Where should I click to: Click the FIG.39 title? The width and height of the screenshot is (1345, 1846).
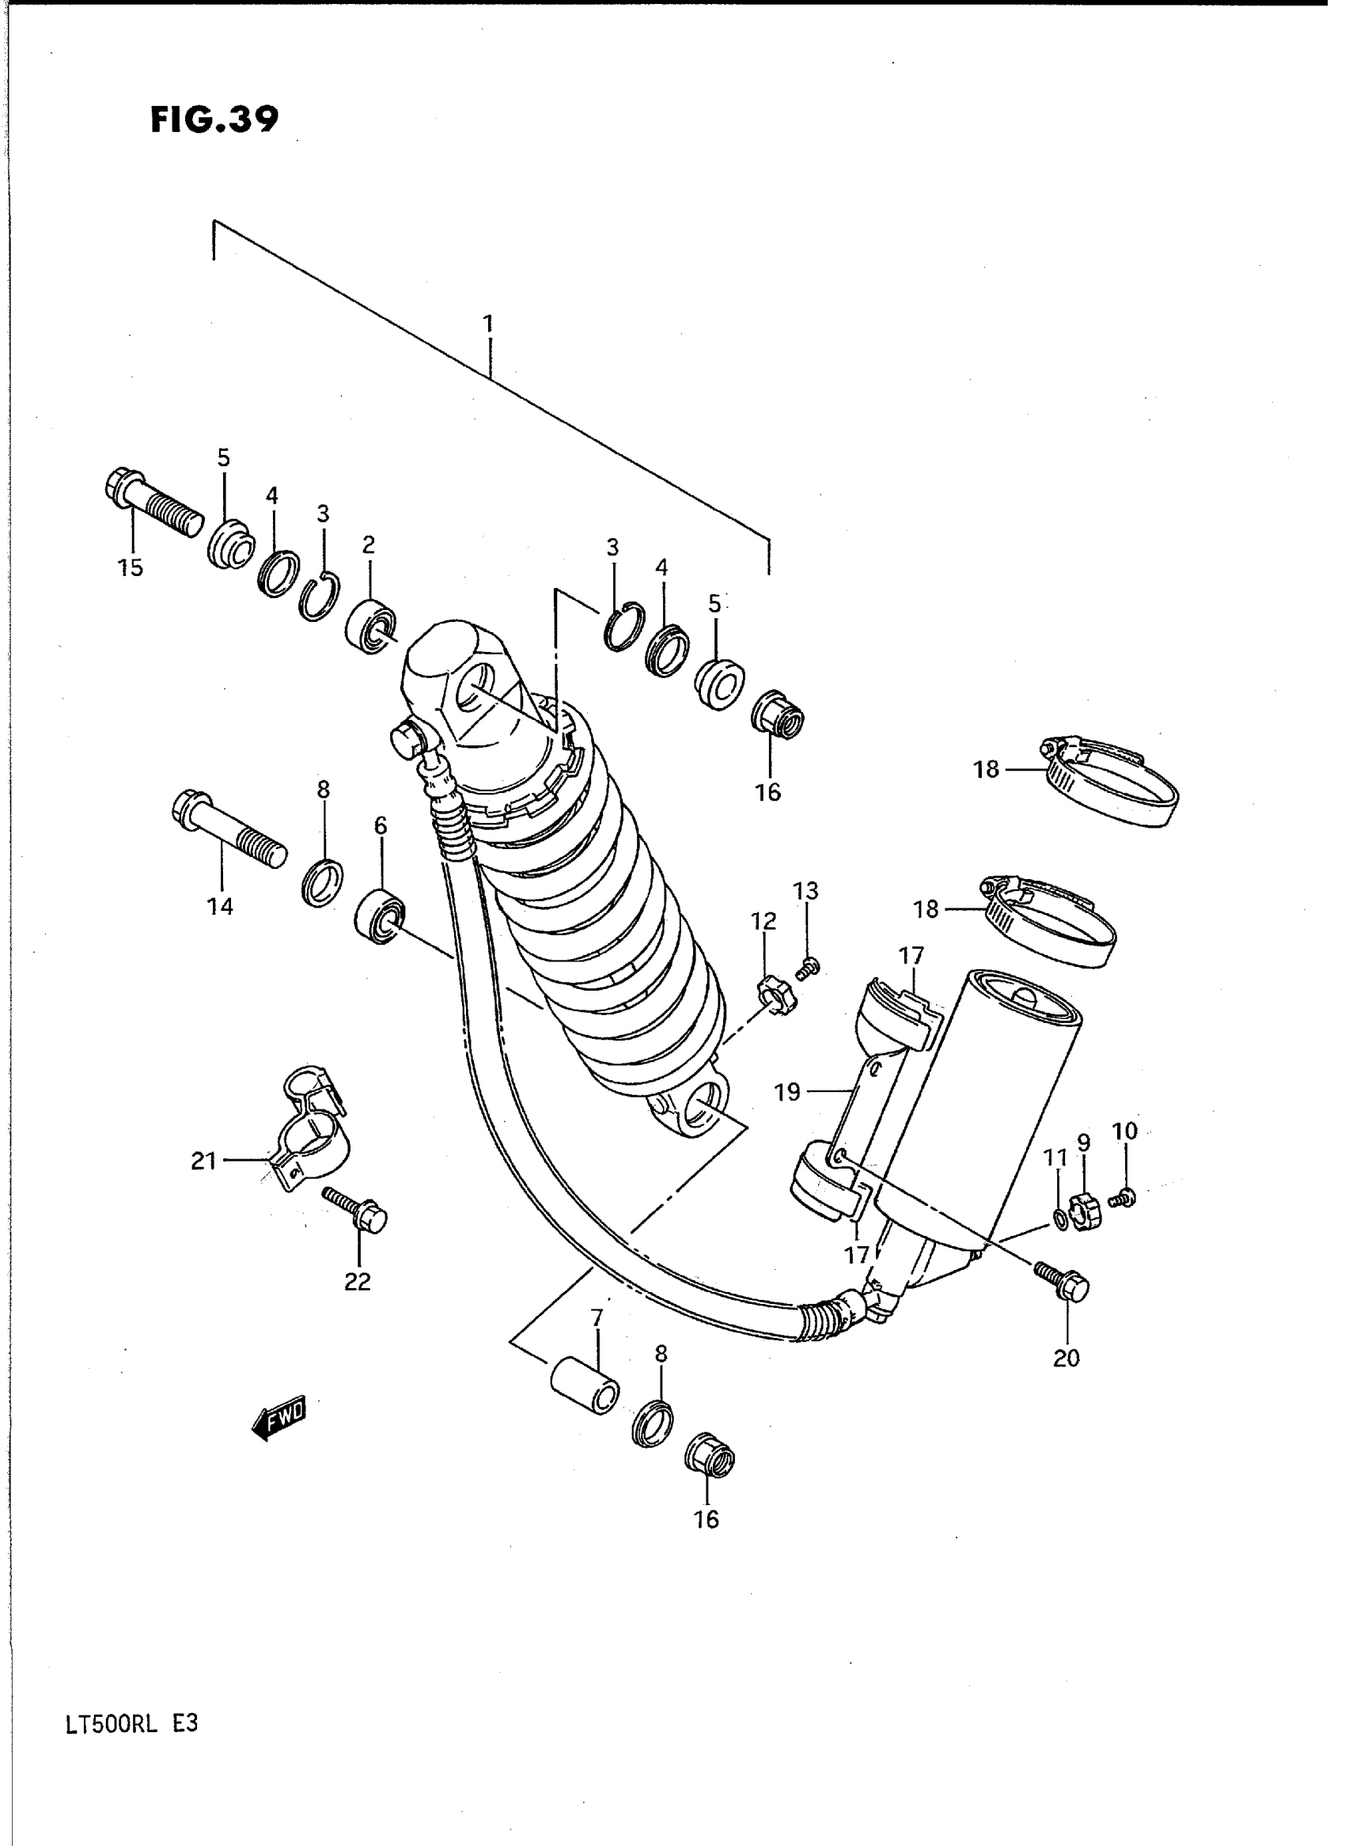click(214, 119)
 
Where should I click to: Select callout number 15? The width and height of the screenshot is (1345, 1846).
click(130, 567)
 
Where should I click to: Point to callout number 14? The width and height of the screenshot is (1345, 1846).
click(220, 906)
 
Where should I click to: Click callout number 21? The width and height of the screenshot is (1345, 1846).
click(203, 1160)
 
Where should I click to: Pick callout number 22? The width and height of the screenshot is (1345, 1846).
click(358, 1282)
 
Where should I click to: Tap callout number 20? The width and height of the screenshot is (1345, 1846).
click(1066, 1358)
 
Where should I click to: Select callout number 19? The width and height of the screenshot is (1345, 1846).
click(787, 1092)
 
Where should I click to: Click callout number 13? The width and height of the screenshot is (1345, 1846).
click(806, 891)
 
